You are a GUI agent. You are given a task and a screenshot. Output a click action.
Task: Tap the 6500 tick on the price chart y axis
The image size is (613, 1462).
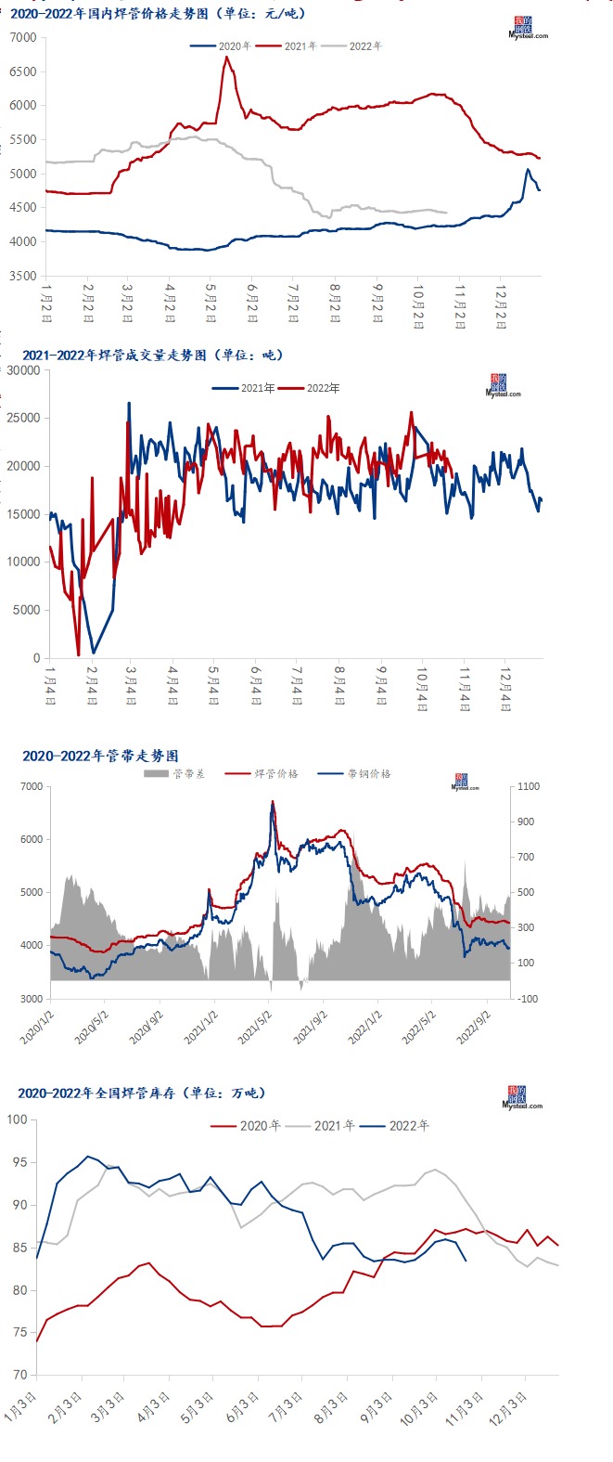23,71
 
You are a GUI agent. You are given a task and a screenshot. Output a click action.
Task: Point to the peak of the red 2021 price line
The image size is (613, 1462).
226,57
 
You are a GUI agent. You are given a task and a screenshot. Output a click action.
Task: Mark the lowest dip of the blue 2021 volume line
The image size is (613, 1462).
94,653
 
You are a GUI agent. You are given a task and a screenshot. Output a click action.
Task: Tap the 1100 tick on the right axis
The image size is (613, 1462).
528,787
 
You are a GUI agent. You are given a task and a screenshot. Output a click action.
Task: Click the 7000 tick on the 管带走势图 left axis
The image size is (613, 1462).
32,787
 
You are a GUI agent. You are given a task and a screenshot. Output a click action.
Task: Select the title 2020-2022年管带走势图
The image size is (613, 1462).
100,757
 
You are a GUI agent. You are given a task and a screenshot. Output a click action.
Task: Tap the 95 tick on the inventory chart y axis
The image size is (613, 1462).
19,1162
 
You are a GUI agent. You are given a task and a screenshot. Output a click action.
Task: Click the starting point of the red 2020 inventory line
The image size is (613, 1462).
36,1341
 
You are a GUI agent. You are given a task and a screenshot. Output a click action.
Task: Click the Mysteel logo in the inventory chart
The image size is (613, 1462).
521,1098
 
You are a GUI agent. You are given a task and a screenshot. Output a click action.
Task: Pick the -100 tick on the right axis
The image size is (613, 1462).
528,999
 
